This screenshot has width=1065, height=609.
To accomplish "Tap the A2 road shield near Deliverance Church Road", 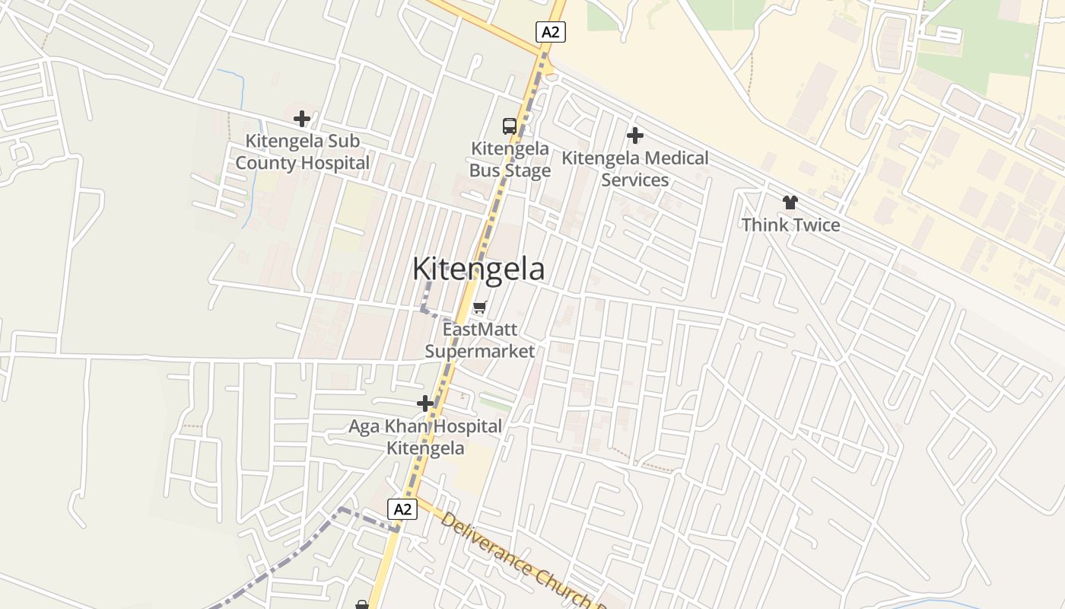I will [402, 509].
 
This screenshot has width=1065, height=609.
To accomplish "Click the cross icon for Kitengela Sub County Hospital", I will [302, 119].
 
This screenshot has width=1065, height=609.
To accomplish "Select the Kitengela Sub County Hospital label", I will [302, 151].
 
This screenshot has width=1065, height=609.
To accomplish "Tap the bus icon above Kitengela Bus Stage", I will [510, 126].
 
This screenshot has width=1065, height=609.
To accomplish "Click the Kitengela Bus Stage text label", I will [510, 159].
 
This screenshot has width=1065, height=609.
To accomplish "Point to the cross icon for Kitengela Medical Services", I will [635, 136].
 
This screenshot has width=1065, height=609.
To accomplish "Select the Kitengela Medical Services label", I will [635, 169].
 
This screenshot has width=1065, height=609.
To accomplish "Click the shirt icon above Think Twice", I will [790, 202].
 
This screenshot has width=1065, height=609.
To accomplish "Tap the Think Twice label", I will [790, 225].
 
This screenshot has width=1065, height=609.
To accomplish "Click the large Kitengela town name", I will [478, 269].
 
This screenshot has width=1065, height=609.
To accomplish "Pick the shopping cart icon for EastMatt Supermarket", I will [479, 308].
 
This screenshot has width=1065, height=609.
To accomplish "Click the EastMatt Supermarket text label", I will [479, 340].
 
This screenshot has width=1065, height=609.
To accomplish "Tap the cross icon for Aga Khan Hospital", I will [425, 403].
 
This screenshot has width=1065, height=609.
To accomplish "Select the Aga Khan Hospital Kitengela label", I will [425, 437].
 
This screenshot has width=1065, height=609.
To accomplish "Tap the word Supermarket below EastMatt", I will [479, 351].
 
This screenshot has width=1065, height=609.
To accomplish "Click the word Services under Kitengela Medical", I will [635, 180].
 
